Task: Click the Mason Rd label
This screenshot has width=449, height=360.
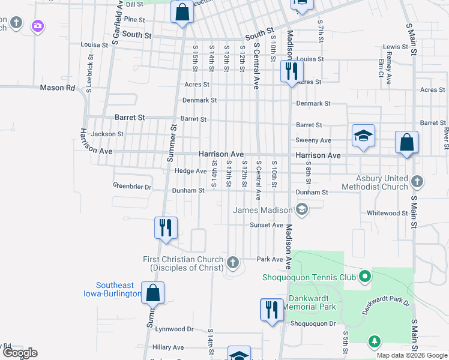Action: pyautogui.click(x=58, y=88)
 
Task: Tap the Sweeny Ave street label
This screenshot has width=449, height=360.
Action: pyautogui.click(x=313, y=140)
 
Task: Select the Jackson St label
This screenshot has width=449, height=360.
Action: pyautogui.click(x=108, y=134)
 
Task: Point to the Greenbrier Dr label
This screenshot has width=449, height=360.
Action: pyautogui.click(x=133, y=187)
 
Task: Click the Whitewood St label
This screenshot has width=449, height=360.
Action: pyautogui.click(x=387, y=213)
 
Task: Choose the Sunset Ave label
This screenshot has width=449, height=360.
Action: pyautogui.click(x=266, y=225)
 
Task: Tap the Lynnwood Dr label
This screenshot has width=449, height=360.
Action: pyautogui.click(x=174, y=329)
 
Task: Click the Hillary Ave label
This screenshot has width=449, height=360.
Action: pyautogui.click(x=168, y=347)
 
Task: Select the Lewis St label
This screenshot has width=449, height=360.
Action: pyautogui.click(x=396, y=47)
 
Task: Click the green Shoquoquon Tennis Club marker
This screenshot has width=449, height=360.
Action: pyautogui.click(x=364, y=277)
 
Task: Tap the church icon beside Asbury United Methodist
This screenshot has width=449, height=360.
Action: pyautogui.click(x=417, y=181)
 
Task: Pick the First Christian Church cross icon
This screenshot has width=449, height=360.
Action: pyautogui.click(x=234, y=262)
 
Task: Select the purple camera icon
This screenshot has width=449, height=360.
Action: pyautogui.click(x=38, y=25)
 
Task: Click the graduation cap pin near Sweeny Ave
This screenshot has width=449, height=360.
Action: pyautogui.click(x=363, y=136)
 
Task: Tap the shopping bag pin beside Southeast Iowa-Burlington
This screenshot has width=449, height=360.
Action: pyautogui.click(x=153, y=293)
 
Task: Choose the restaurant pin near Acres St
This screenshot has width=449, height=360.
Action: pyautogui.click(x=291, y=71)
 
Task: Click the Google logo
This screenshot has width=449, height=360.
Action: pyautogui.click(x=20, y=353)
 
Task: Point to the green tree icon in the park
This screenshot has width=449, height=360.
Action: pyautogui.click(x=375, y=341)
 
